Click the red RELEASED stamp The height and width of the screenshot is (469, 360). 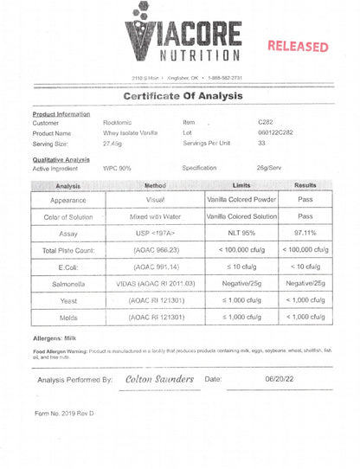coord(297,47)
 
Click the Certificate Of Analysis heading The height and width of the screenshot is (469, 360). coord(180,96)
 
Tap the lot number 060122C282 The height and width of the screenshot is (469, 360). coord(276,133)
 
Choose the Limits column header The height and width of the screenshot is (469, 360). coord(241,185)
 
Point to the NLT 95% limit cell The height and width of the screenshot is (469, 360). coord(241,234)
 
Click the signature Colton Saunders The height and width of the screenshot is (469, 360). coord(159,379)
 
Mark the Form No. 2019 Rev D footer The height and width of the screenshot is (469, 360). coord(64,414)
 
